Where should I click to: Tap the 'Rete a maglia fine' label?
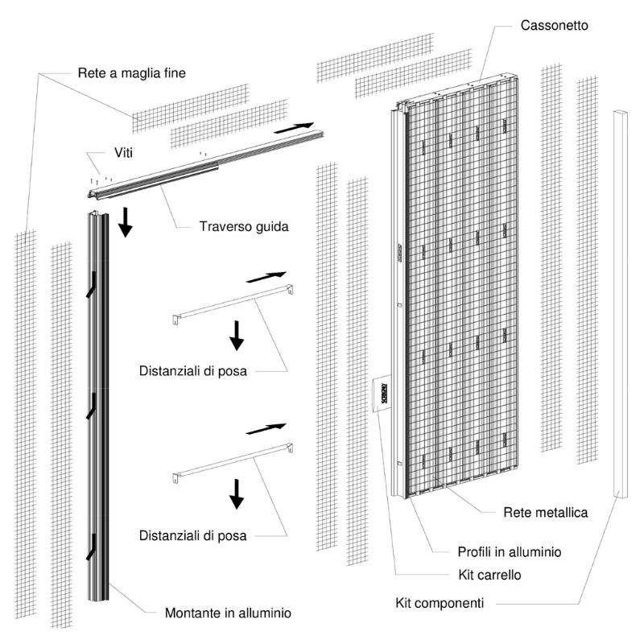(x=132, y=73)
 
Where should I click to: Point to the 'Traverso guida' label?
(x=244, y=226)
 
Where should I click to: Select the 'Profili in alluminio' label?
(x=509, y=552)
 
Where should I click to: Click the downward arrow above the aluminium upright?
(x=126, y=221)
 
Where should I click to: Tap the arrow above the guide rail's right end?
(x=293, y=127)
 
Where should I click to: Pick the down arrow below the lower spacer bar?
(x=236, y=493)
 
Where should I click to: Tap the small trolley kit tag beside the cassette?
(x=381, y=394)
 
